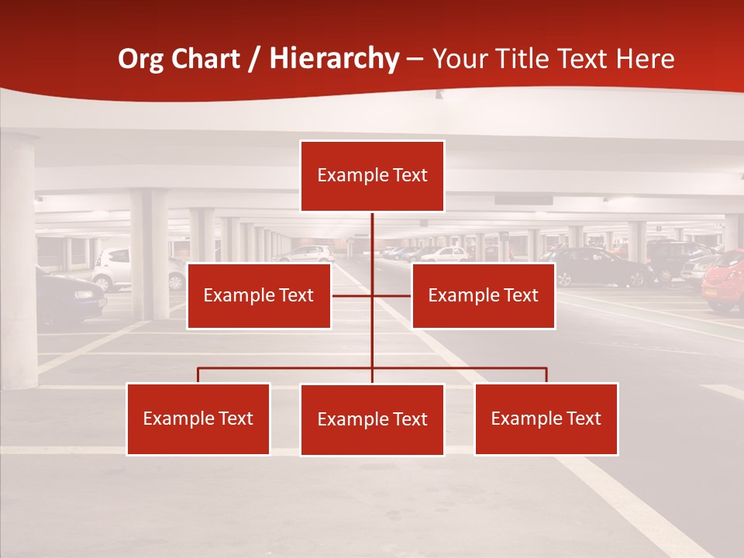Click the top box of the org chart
coord(372,176)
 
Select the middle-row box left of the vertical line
coord(259,295)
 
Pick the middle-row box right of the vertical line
coord(483,295)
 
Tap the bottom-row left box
coord(198,418)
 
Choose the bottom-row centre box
coord(372,419)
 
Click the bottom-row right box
coord(546,418)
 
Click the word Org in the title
coord(140,59)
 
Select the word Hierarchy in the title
coord(334,59)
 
